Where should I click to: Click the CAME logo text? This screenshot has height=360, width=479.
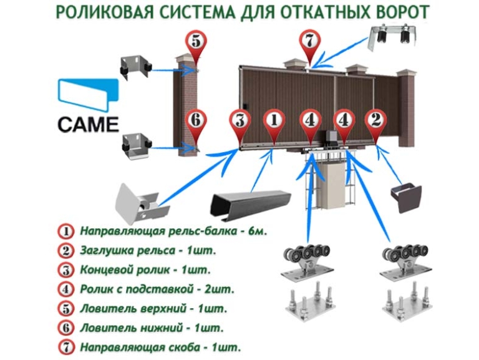coord(88,124)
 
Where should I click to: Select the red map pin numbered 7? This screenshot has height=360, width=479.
coord(310,44)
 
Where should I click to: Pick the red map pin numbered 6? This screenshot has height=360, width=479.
coord(196,125)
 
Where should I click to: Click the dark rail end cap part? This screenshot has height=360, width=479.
coord(407,197)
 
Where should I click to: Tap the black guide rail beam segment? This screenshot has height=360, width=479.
coord(251,204)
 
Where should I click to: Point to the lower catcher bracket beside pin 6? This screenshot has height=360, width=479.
coord(137,146)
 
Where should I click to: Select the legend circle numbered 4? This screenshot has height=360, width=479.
coord(65,289)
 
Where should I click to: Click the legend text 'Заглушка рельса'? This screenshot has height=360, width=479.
coord(128,251)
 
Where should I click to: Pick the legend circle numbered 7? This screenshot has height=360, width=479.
coord(65,347)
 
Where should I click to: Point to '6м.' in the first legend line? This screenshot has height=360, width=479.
coord(258,231)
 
